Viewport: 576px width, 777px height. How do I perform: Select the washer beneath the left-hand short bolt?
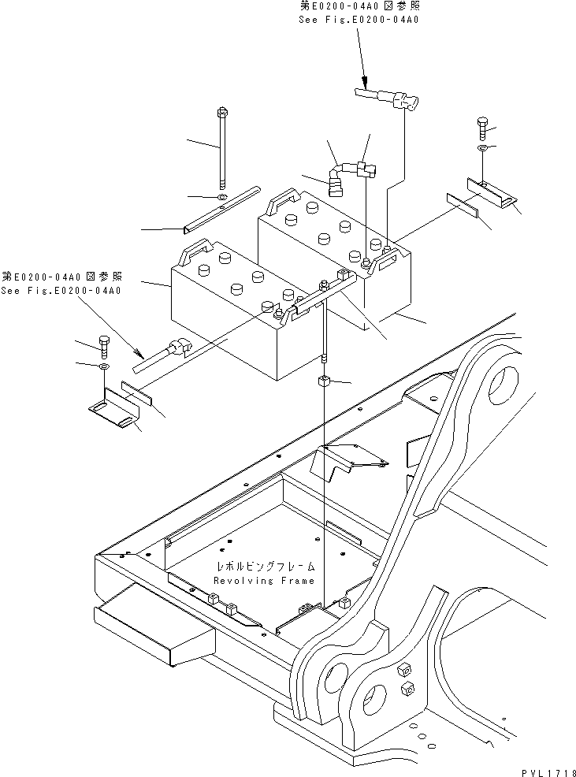[105, 367]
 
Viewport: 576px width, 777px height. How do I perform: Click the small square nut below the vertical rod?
[324, 383]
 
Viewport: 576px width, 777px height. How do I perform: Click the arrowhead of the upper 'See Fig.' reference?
[366, 80]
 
